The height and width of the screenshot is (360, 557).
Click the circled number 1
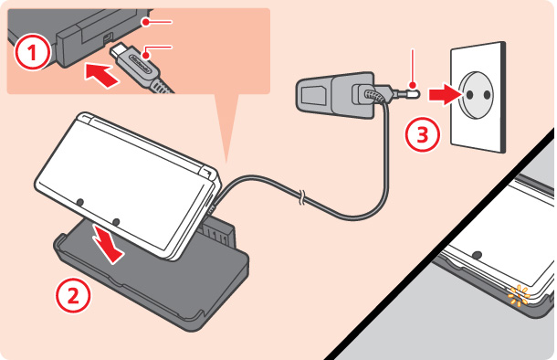coord(32,52)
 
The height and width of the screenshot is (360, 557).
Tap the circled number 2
coord(73,296)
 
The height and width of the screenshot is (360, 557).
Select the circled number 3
coord(423,134)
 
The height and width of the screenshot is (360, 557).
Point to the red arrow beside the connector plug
coord(101,75)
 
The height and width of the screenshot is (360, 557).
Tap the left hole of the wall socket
coord(469,94)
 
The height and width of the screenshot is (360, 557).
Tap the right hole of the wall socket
coord(487,94)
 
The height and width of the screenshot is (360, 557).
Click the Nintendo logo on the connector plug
coord(142,64)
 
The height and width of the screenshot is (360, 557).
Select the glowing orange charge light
coord(519,296)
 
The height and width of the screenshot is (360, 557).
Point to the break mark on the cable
coord(301,197)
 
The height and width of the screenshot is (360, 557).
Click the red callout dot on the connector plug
coord(146,55)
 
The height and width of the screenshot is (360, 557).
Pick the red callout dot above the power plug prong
coord(413,85)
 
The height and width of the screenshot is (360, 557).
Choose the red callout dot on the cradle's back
coord(145,22)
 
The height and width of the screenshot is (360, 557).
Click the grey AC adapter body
coord(334,94)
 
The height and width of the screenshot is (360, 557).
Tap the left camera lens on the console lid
coord(80,202)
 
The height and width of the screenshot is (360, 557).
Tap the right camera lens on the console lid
coord(115,222)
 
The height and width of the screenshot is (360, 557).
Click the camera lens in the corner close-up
coord(478,255)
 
